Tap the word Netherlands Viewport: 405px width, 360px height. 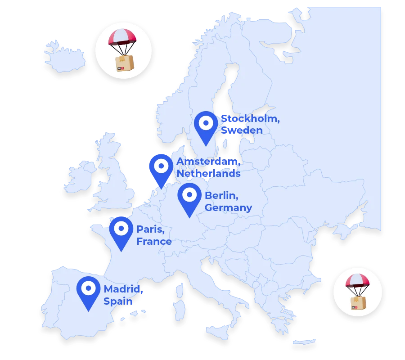[208, 174]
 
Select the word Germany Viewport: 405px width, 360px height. [228, 208]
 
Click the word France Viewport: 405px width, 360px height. [154, 242]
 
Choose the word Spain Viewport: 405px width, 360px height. [118, 301]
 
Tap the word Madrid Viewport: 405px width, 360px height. [123, 289]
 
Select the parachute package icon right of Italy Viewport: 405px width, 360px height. [357, 292]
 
